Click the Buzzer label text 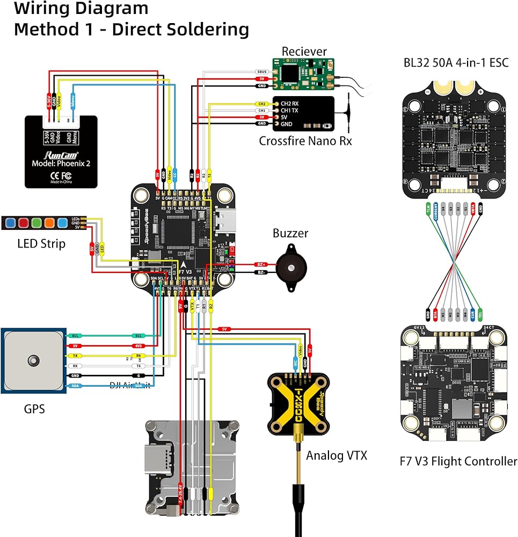pyautogui.click(x=290, y=233)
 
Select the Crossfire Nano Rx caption pyautogui.click(x=305, y=141)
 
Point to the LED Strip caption pyautogui.click(x=41, y=244)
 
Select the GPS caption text pyautogui.click(x=34, y=409)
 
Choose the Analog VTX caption pyautogui.click(x=337, y=456)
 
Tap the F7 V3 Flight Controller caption pyautogui.click(x=458, y=461)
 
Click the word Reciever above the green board pyautogui.click(x=304, y=52)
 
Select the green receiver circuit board pyautogui.click(x=303, y=74)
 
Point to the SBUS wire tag pyautogui.click(x=262, y=71)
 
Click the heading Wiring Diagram pyautogui.click(x=81, y=9)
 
